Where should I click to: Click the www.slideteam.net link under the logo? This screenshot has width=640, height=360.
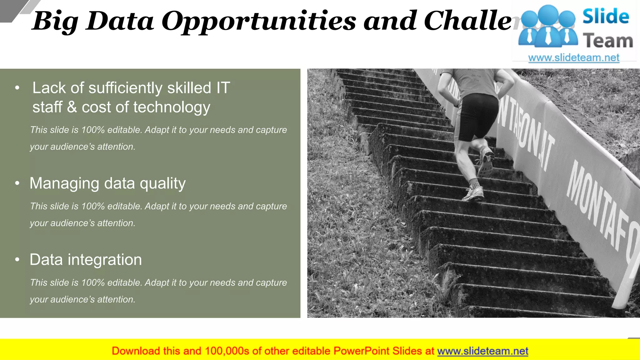point(574,58)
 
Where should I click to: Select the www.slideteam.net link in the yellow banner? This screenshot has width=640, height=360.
point(482,351)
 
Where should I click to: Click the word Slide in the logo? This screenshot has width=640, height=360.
point(606,17)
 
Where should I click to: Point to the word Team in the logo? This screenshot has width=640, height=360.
point(608,41)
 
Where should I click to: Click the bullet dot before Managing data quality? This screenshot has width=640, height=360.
point(17,183)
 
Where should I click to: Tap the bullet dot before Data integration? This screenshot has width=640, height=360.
point(17,260)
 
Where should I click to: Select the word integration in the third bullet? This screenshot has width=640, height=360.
point(105,260)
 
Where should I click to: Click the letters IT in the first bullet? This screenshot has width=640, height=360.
point(223,88)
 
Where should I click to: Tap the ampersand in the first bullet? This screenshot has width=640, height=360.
point(72,107)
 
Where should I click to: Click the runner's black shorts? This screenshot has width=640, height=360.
point(477,116)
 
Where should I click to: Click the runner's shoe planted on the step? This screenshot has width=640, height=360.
point(473,194)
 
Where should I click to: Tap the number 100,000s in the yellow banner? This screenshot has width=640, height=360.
point(227,351)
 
